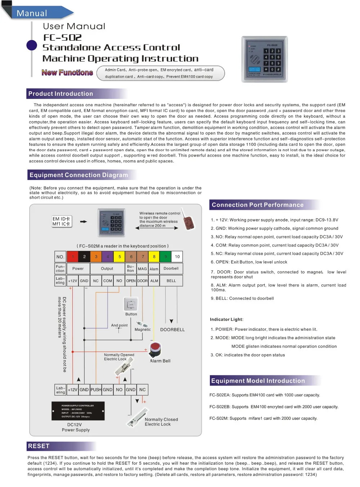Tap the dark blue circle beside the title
(x=32, y=45)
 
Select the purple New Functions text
(x=67, y=73)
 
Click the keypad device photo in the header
(x=265, y=59)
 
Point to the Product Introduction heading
(x=61, y=94)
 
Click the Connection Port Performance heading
(x=258, y=205)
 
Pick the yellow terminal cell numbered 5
(x=120, y=257)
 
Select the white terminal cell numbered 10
(x=177, y=257)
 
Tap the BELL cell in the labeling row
(x=171, y=281)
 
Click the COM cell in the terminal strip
(x=108, y=281)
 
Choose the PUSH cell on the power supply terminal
(x=96, y=389)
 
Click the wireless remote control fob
(x=188, y=220)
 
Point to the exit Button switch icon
(x=131, y=305)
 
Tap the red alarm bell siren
(x=155, y=349)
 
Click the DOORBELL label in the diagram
(x=172, y=330)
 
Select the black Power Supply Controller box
(x=78, y=411)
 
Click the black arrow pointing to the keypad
(x=84, y=222)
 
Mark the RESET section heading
(x=39, y=446)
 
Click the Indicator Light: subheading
(x=227, y=319)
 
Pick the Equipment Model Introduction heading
(x=258, y=381)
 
